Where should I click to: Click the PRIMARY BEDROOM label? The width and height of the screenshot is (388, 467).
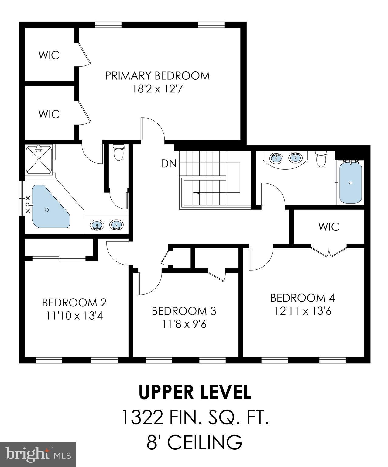(157, 76)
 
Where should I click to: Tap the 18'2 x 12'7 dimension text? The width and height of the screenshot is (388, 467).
(157, 89)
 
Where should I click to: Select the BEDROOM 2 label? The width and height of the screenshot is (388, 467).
(74, 303)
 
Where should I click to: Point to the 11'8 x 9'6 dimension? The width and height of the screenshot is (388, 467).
(184, 324)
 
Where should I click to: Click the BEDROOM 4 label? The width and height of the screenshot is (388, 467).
(302, 298)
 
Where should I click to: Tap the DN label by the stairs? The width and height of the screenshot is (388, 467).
(169, 164)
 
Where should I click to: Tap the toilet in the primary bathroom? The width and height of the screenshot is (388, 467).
(118, 152)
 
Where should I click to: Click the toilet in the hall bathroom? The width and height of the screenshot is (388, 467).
(321, 158)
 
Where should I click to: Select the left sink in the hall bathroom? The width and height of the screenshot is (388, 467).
(276, 158)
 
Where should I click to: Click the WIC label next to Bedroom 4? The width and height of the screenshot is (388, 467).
(329, 227)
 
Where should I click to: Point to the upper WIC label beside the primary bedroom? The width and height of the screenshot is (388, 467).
(49, 55)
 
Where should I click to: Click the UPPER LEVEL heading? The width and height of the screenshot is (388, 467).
(195, 392)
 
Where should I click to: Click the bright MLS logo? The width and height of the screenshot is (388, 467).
(38, 454)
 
